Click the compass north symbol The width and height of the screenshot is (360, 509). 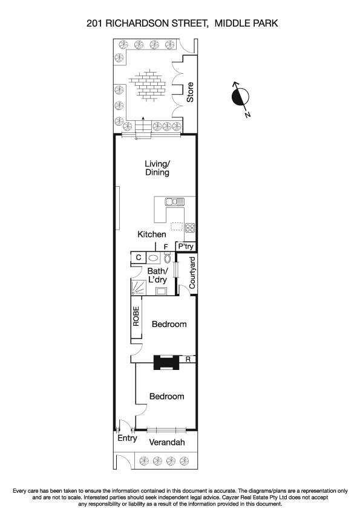point(240,96)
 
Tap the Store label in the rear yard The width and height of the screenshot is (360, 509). point(190,92)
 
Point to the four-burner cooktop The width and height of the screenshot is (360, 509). point(189,228)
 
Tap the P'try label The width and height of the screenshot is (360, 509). point(186,247)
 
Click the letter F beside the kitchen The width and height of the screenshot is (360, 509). point(165,247)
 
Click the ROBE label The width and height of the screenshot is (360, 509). point(137,317)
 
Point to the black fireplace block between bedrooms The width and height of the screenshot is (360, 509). point(166,361)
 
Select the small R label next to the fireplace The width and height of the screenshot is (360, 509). point(188,360)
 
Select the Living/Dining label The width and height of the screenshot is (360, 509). point(157,168)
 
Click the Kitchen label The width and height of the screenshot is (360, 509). point(151,235)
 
